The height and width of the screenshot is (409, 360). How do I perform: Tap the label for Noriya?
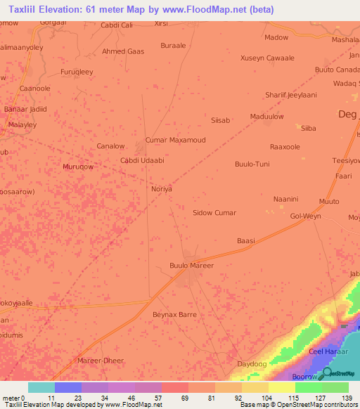(x=162, y=189)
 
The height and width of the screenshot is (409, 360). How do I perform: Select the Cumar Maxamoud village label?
(x=175, y=140)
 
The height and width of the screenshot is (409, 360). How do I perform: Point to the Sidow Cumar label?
(x=214, y=212)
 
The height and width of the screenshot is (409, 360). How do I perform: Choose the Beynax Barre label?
(x=174, y=315)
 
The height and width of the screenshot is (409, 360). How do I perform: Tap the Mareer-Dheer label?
(x=101, y=361)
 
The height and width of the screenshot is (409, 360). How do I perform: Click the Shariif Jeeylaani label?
(x=291, y=95)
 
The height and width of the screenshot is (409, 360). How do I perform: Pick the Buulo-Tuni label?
(x=252, y=164)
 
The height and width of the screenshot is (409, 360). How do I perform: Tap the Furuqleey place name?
(x=77, y=72)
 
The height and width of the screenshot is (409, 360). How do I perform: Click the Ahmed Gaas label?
(x=123, y=51)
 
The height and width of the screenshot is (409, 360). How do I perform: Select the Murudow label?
(x=78, y=167)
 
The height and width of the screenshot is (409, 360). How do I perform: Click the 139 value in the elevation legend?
(x=347, y=397)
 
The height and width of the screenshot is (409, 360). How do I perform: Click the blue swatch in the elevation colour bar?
(x=67, y=387)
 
